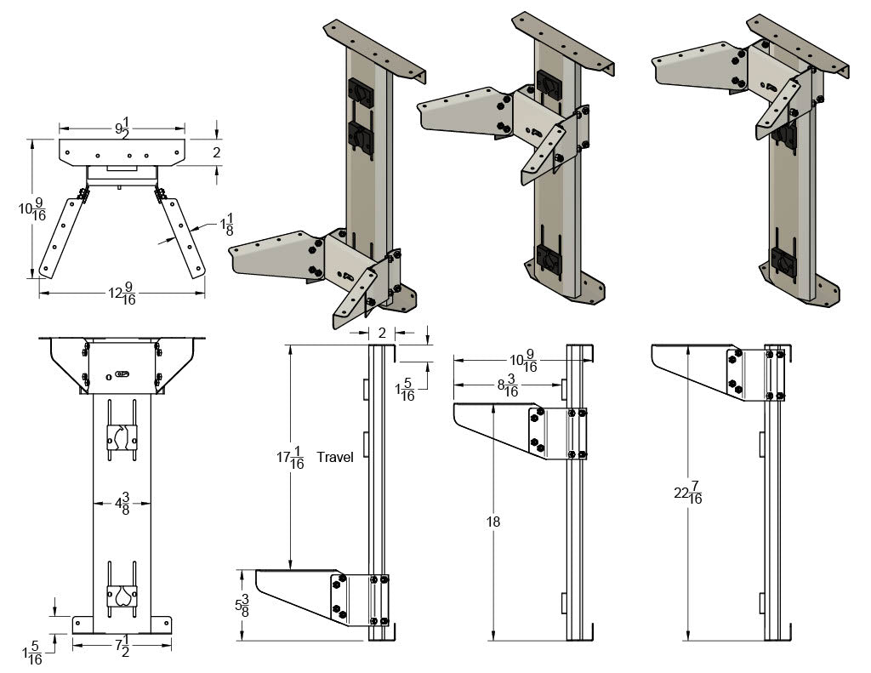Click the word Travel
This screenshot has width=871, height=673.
click(335, 458)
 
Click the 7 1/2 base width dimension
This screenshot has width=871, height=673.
click(122, 646)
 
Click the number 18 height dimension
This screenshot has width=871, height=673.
click(493, 522)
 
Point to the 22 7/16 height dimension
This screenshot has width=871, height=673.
click(689, 493)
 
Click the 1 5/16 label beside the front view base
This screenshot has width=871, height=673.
click(35, 652)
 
